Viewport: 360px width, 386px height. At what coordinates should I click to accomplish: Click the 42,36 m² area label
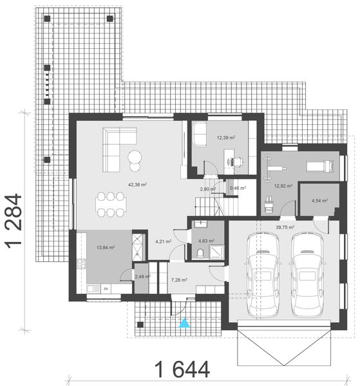[137, 185]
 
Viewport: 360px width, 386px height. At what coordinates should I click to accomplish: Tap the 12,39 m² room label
[225, 137]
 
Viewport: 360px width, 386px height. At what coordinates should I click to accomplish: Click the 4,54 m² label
[319, 201]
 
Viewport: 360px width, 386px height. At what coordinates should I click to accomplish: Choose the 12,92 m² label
[283, 186]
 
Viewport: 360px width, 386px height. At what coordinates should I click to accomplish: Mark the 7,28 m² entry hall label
[180, 280]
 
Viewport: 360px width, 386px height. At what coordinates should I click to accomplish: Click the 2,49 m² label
[142, 277]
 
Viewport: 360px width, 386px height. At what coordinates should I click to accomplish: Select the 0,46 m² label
[238, 188]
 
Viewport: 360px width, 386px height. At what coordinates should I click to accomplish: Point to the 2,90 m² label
[208, 189]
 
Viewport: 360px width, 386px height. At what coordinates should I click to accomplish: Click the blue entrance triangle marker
[185, 323]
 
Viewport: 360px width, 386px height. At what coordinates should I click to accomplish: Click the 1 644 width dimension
[182, 369]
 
